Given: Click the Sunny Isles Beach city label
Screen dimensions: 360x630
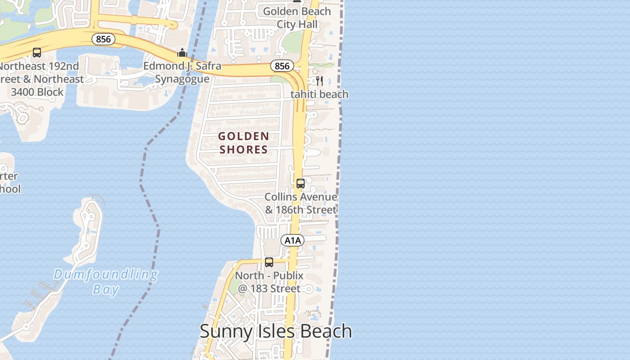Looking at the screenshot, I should point(275,331).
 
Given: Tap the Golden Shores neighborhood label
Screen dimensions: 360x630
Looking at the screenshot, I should point(244,143).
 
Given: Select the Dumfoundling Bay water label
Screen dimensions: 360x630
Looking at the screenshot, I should point(106,281).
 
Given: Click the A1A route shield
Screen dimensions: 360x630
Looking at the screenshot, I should point(292,240).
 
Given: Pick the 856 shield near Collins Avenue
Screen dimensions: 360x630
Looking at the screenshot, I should point(282,66).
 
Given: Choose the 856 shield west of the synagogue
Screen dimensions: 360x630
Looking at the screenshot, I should point(103,39).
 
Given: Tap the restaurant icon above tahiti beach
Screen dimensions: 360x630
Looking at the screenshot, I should point(319,81).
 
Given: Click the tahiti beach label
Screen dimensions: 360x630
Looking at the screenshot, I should point(319,94).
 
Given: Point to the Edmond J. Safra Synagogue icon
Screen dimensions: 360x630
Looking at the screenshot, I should point(182,53).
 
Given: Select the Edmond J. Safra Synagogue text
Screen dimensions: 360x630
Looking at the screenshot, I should point(182,72).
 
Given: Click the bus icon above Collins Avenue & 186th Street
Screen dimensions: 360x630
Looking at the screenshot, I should point(301,184).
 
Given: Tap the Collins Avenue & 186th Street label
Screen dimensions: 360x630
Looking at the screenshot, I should point(301,203).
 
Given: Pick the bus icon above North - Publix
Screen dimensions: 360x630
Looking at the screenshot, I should point(269,262).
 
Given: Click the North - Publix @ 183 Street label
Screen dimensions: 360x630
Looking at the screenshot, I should point(269,282).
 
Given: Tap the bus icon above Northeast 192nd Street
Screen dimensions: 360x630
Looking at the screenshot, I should point(37,53).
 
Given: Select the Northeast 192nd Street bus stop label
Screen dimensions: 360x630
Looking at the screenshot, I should point(40,79).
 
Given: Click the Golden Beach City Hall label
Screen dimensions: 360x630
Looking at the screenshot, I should point(297,18).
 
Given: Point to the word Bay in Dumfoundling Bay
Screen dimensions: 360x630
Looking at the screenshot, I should point(106,289).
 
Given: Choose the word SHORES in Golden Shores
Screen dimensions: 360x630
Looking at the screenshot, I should point(244,149).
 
